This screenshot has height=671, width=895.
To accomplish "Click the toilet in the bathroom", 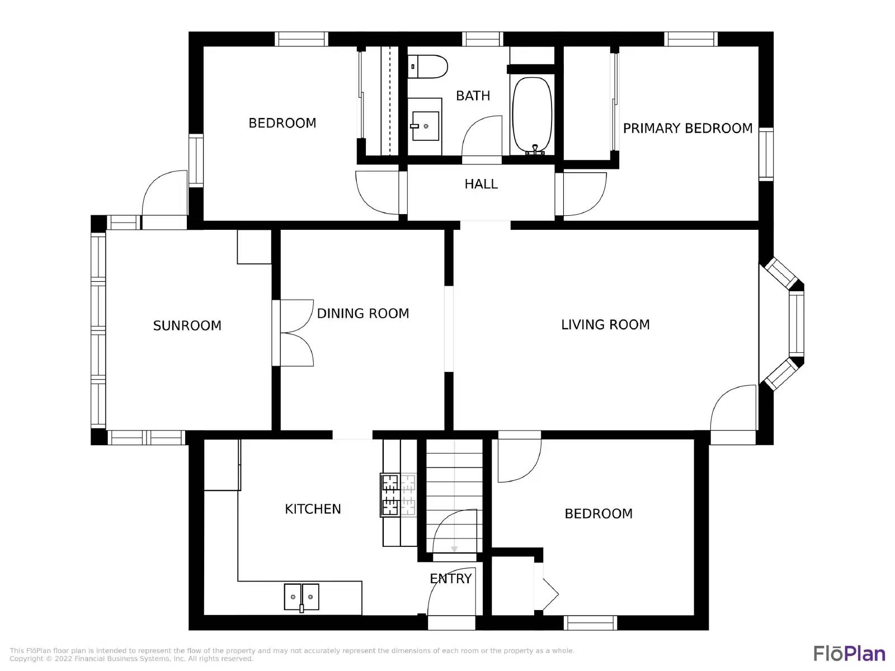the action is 427,67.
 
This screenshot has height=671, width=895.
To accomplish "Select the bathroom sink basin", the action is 425,126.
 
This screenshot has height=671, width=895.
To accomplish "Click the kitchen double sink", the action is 302,597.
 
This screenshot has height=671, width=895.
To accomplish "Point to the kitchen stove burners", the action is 398,495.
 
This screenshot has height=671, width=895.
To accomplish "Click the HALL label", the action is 481,184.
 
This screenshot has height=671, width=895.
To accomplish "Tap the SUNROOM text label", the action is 187,325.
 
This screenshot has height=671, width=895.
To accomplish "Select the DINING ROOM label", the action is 363,313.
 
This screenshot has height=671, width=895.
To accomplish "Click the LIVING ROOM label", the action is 605,325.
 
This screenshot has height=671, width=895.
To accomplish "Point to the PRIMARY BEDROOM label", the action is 687,129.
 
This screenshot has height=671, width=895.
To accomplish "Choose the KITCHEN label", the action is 313,509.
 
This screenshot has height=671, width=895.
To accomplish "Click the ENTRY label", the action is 450,579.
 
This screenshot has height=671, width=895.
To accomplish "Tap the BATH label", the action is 473,96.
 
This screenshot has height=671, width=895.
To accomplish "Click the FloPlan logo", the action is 849,654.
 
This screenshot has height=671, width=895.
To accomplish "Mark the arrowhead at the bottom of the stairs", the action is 454,550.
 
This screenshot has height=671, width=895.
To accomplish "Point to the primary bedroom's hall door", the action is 585,194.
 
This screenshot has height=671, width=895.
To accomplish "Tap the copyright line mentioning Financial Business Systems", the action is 131,659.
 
